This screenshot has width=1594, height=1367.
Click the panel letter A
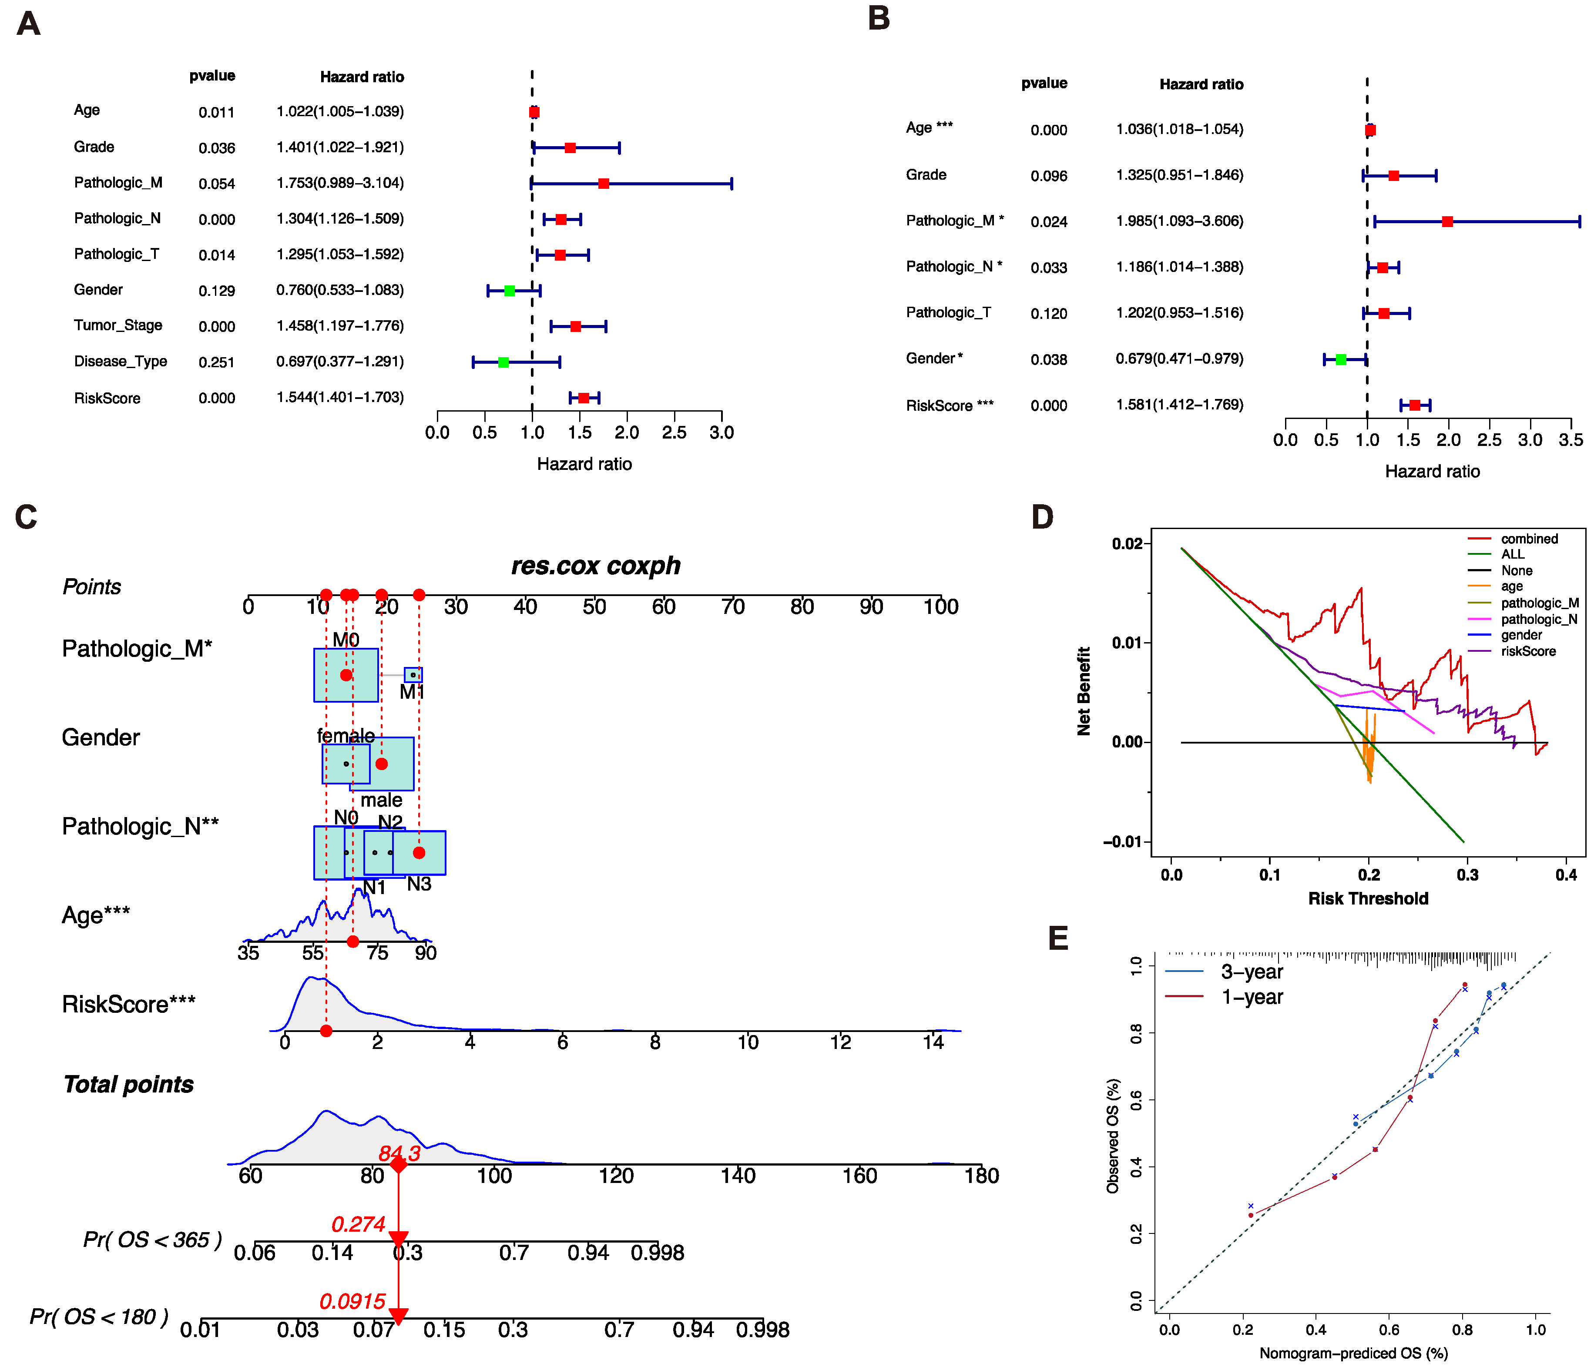(x=28, y=24)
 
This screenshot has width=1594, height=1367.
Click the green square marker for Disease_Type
(x=503, y=362)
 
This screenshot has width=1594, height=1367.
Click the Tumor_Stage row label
(x=117, y=325)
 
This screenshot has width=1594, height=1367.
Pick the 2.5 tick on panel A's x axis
(x=674, y=432)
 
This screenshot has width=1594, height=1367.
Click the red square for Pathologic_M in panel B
(x=1447, y=221)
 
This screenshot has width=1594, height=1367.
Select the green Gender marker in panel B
(x=1341, y=359)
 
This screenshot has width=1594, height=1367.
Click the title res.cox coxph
(x=595, y=566)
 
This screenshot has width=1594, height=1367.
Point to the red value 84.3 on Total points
(x=399, y=1153)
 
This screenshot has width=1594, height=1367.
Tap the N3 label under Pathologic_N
(x=419, y=884)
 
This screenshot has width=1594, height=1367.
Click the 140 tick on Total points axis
(x=738, y=1176)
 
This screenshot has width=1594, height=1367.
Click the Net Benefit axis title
(x=1084, y=691)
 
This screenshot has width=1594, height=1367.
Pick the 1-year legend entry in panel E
(x=1252, y=997)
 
